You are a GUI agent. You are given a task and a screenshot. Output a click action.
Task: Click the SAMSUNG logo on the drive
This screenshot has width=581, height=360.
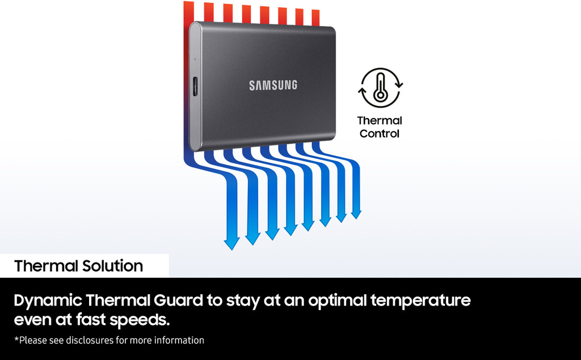(273, 85)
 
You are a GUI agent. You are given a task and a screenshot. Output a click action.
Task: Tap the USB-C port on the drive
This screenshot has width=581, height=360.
(195, 87)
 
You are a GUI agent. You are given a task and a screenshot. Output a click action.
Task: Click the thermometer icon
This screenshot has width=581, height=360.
(380, 88)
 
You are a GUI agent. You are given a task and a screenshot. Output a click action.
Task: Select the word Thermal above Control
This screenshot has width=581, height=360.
(380, 120)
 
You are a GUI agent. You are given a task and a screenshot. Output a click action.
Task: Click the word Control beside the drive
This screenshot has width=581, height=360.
(380, 133)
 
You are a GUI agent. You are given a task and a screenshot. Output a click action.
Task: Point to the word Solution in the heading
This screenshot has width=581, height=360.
(113, 266)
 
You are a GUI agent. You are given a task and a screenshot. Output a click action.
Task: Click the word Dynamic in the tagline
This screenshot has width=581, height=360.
(48, 300)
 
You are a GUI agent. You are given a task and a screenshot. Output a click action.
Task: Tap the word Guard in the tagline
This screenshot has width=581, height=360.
(178, 300)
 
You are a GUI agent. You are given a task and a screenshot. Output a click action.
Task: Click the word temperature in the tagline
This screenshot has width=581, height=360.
(420, 300)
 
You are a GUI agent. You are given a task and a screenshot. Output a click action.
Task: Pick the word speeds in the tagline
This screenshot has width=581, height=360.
(140, 320)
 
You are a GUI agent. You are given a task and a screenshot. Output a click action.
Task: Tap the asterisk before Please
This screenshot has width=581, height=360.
(16, 338)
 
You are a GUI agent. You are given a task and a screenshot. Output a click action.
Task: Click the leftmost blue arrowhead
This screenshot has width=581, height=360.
(231, 244)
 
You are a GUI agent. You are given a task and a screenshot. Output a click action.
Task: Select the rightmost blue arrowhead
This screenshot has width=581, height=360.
(356, 214)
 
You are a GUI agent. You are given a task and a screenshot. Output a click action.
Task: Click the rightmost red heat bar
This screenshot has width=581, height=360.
(315, 18)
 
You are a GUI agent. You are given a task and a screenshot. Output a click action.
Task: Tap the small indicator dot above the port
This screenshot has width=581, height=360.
(195, 59)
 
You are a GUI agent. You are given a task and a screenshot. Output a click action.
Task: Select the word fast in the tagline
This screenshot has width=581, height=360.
(91, 319)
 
